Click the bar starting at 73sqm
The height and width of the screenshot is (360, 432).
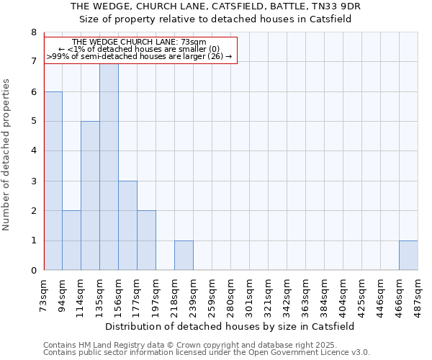[53, 181]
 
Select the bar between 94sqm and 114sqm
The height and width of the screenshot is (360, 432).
[71, 240]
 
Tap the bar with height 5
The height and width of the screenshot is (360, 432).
[90, 196]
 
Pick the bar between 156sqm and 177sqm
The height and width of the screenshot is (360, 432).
[127, 225]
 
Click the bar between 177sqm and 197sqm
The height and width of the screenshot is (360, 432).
[146, 240]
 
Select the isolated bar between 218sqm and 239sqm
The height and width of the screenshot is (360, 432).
[184, 256]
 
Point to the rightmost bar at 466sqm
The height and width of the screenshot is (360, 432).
[408, 256]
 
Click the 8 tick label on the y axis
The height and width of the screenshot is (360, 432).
[33, 32]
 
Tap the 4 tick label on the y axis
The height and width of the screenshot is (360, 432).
[33, 151]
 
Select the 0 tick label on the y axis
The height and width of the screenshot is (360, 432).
[33, 271]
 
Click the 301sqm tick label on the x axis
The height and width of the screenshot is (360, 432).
[249, 296]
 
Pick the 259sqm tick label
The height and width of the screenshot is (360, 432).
[212, 296]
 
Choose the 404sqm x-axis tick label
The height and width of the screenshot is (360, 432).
[343, 296]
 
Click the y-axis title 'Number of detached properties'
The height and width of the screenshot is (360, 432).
[6, 154]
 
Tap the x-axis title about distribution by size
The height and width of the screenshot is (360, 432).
[235, 326]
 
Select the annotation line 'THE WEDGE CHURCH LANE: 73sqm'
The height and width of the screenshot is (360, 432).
[140, 42]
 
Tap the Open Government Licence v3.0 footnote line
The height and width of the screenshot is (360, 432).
[207, 353]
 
